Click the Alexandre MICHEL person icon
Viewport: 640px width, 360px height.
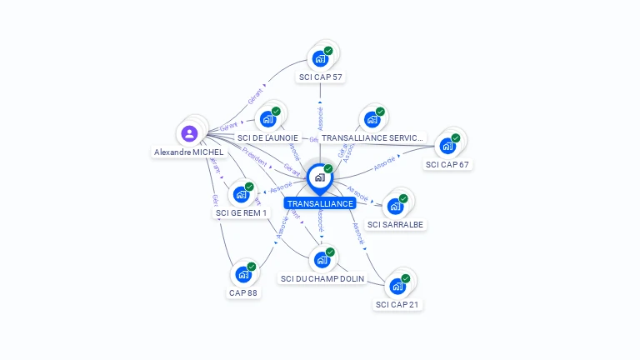click(190, 133)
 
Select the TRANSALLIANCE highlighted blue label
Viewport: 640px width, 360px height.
click(320, 203)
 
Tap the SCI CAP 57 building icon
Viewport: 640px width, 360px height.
click(319, 59)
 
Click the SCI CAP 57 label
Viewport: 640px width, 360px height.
click(320, 77)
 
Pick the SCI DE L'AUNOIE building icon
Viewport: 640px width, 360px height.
click(267, 118)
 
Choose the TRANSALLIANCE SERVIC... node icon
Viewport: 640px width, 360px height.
click(372, 118)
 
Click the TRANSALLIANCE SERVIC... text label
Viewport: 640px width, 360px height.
click(372, 137)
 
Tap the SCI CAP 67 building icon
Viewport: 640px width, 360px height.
click(447, 146)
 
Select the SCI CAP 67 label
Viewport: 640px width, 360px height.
click(448, 165)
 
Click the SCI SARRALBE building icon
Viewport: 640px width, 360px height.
click(395, 206)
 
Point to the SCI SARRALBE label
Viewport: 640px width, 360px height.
click(396, 225)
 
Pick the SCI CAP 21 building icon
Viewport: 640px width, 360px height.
click(397, 286)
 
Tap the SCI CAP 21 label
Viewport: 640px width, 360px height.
click(397, 305)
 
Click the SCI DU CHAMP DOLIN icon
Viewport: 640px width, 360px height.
click(322, 259)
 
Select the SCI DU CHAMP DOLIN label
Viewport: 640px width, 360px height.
click(323, 279)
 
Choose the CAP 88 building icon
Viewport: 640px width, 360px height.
click(243, 273)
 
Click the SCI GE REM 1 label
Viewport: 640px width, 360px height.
click(242, 213)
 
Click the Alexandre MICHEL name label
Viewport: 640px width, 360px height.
click(189, 152)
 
